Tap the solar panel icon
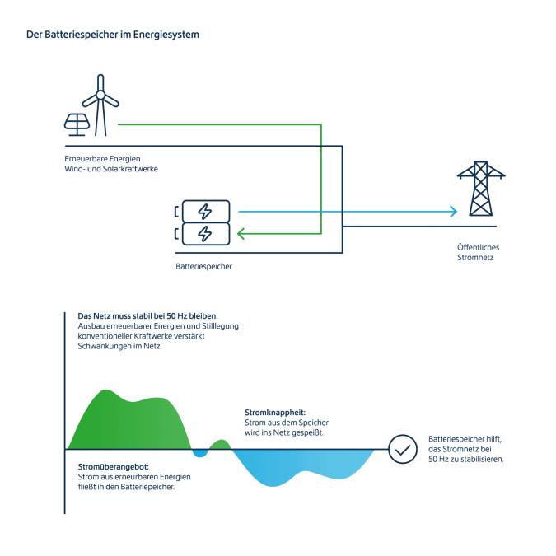[x=77, y=124]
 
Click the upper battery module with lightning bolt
[x=206, y=212]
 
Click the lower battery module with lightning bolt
[x=206, y=234]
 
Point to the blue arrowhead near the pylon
[x=452, y=212]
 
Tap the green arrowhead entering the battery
[x=241, y=234]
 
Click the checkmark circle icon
[x=403, y=450]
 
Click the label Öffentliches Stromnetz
[x=478, y=252]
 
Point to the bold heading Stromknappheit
[x=275, y=412]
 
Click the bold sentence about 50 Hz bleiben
[x=147, y=315]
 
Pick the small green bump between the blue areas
[x=219, y=445]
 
